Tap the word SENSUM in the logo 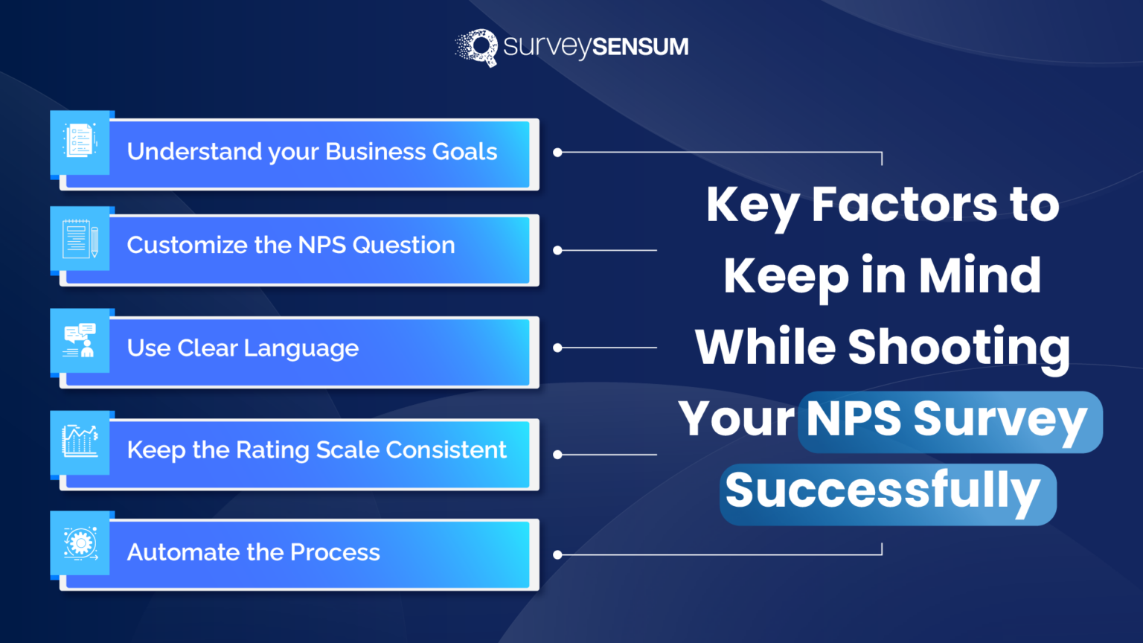pos(641,47)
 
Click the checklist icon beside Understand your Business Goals pos(80,141)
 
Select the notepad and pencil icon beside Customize pos(80,239)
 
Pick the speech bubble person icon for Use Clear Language pos(80,341)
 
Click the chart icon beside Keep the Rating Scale pos(80,441)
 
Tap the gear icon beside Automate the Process pos(80,543)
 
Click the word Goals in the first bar pos(464,152)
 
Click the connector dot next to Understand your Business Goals pos(557,153)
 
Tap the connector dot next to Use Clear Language pos(557,348)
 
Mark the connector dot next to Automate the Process pos(557,554)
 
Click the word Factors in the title pos(904,205)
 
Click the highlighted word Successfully pos(883,491)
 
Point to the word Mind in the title pos(980,275)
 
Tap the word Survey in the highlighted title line pos(1000,419)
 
